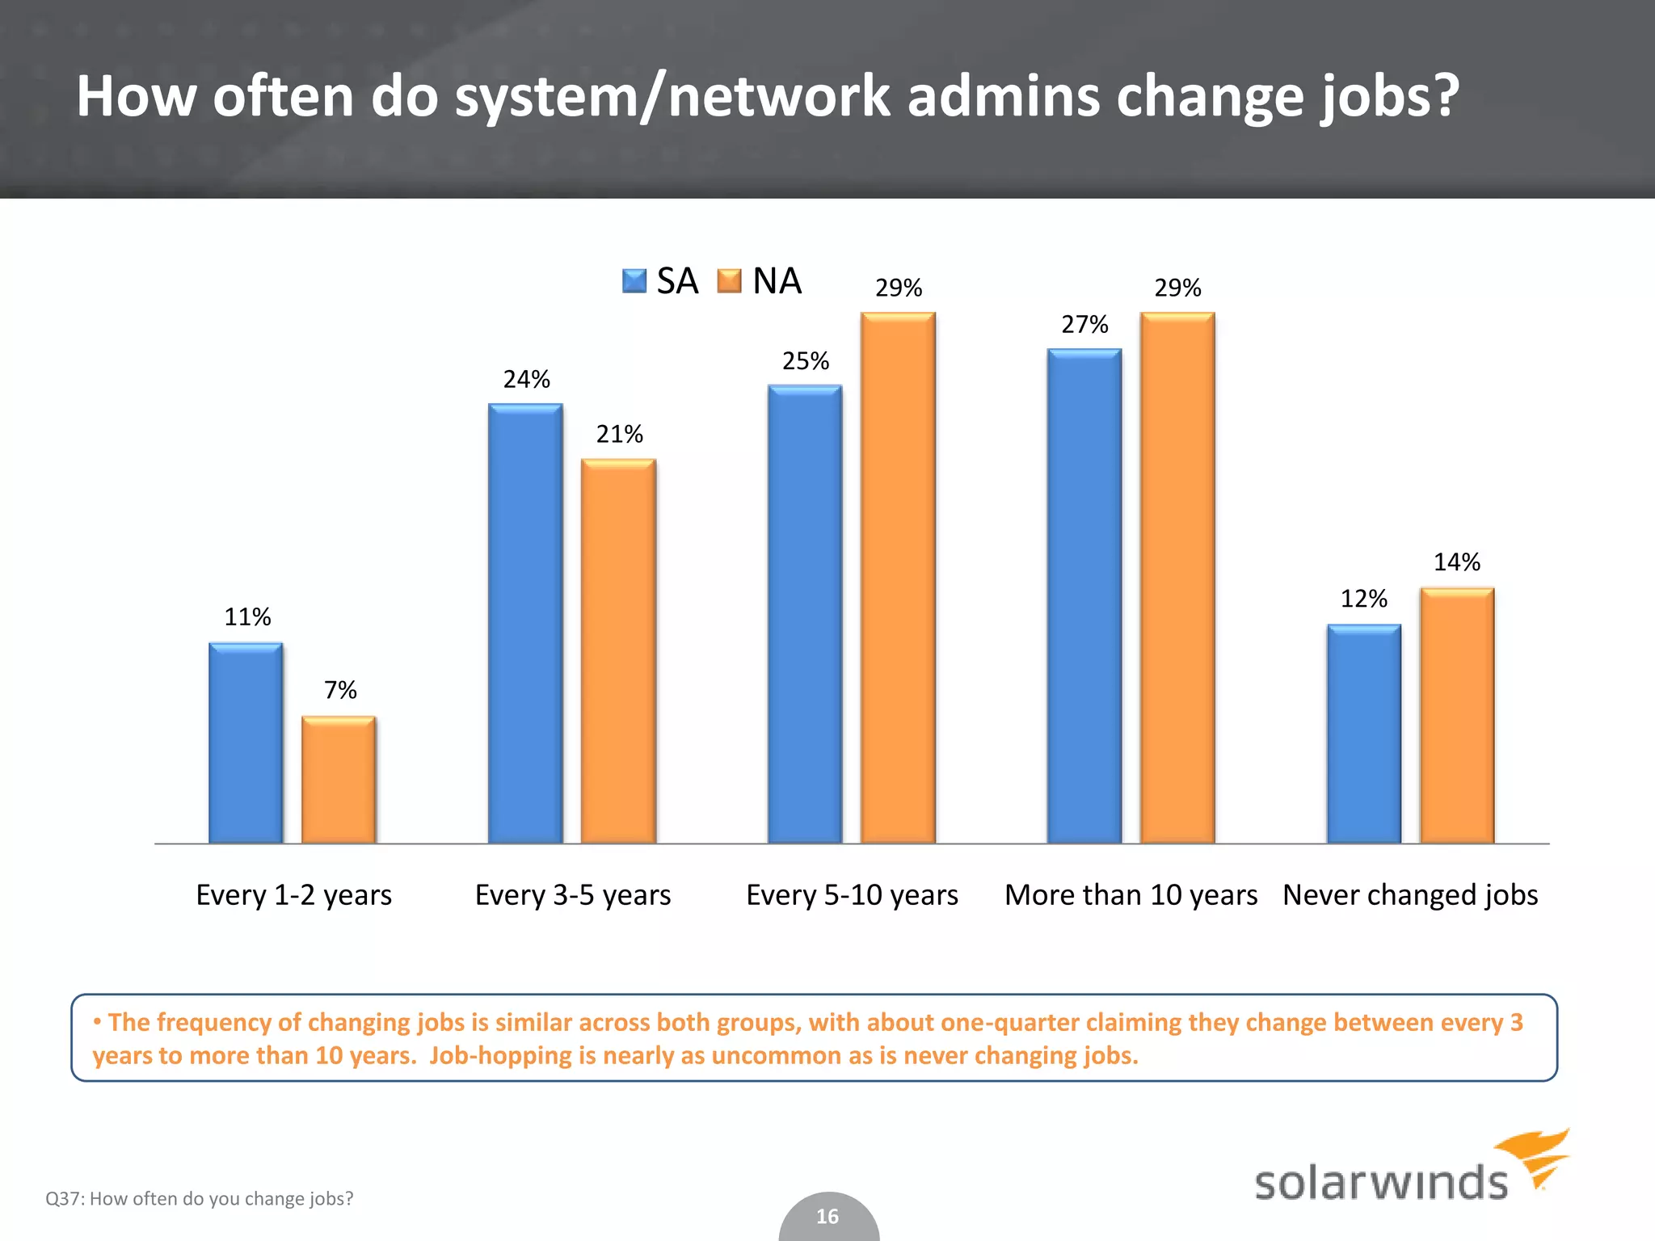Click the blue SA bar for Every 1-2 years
click(246, 743)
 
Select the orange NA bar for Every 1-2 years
click(339, 780)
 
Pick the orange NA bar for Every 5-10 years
click(898, 578)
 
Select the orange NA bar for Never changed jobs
click(1457, 716)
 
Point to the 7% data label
click(340, 690)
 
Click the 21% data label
click(620, 435)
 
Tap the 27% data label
click(1084, 325)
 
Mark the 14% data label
click(1457, 562)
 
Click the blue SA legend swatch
click(634, 281)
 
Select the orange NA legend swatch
click(729, 281)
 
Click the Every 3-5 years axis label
click(573, 895)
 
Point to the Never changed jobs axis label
click(1410, 895)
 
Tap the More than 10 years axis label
click(1131, 895)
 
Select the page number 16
click(827, 1217)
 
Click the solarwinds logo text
click(1380, 1183)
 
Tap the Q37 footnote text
click(200, 1199)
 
